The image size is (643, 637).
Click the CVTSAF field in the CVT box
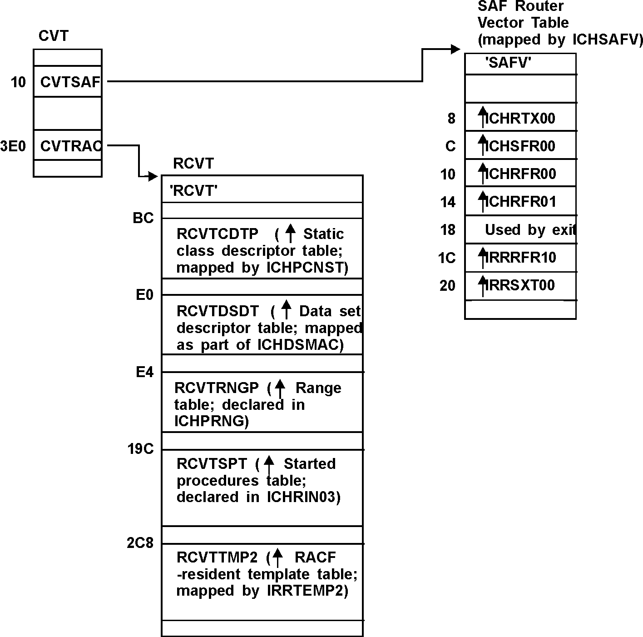point(69,82)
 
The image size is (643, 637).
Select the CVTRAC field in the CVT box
point(70,146)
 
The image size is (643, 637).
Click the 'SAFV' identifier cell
point(508,63)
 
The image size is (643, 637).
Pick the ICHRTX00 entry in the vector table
point(520,119)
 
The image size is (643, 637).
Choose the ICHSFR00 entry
point(520,146)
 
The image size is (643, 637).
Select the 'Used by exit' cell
point(529,230)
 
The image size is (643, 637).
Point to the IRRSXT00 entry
point(520,285)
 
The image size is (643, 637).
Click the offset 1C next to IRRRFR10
point(447,258)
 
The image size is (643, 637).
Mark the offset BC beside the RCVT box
point(143,219)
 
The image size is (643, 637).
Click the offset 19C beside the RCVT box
point(141,449)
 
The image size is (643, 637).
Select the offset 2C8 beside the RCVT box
point(140,543)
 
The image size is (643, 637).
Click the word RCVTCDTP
point(217,234)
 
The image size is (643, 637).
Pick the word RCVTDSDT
point(218,311)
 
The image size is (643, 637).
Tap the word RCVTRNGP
point(216,388)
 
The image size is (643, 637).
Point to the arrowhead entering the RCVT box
point(153,176)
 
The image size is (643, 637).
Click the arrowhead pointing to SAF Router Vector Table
point(455,49)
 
